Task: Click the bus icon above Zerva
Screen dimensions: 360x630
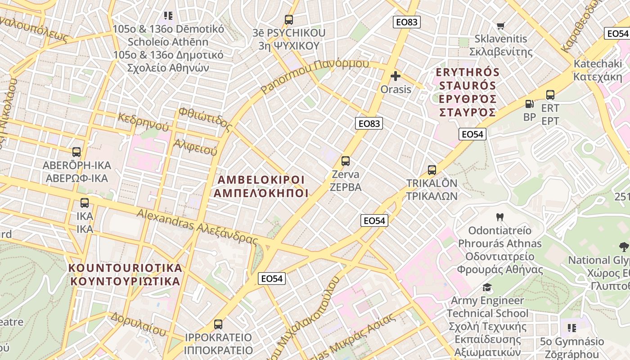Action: tap(346, 161)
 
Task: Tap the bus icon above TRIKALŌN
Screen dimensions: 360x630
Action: tap(432, 170)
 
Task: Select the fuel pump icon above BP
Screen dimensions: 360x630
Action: tap(530, 104)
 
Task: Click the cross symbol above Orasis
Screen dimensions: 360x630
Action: tap(396, 76)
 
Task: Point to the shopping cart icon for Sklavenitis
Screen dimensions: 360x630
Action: tap(500, 26)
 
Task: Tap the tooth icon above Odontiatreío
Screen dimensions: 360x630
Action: tap(499, 217)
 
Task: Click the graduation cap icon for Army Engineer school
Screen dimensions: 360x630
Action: tap(487, 287)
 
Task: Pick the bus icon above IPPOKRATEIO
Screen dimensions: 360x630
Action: tap(218, 324)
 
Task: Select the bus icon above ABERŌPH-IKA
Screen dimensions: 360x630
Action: tap(76, 152)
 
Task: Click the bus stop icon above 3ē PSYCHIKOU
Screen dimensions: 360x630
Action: tap(289, 20)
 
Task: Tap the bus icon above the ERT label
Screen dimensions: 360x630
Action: tap(550, 95)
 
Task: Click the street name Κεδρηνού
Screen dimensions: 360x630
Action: tap(143, 122)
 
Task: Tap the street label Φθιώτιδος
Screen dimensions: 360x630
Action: tap(205, 119)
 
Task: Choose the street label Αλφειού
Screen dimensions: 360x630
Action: tap(195, 147)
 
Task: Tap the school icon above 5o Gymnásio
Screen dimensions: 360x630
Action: tap(571, 328)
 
